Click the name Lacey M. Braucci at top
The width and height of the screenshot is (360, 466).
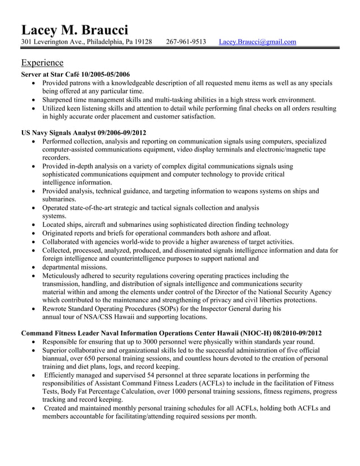(74, 29)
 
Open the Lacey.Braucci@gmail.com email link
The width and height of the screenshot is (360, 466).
(257, 42)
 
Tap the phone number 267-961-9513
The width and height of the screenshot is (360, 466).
(186, 42)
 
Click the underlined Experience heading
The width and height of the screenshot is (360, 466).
(42, 62)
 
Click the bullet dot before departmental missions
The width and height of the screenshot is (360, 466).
(36, 267)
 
